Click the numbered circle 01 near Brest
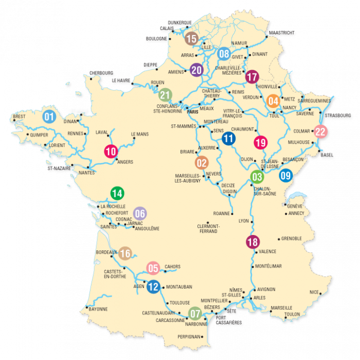(49, 116)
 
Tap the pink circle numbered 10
(111, 151)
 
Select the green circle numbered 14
(117, 193)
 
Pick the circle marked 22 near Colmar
(320, 132)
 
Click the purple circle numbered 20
(196, 70)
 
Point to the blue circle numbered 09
(286, 175)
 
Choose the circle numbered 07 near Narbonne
(195, 313)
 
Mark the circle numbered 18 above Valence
(253, 242)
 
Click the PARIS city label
(193, 112)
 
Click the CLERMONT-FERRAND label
(208, 228)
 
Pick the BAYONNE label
(98, 309)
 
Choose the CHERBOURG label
(101, 73)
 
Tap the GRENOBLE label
(291, 239)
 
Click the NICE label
(314, 292)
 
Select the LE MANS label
(139, 134)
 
